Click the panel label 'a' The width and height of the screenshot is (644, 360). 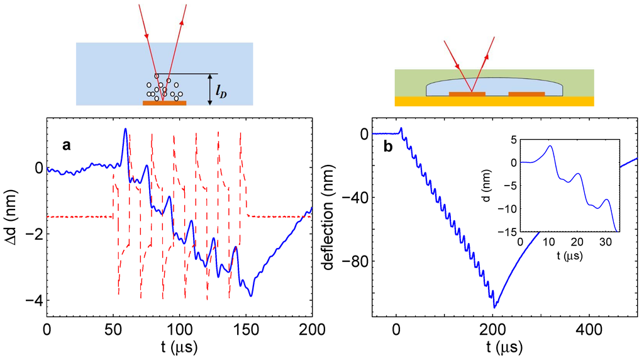(x=66, y=145)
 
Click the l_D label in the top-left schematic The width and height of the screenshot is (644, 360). (x=221, y=92)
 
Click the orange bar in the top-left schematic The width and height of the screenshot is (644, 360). (x=164, y=103)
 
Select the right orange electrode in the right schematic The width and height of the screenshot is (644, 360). (x=526, y=94)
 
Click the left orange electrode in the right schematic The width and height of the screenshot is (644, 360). (x=467, y=94)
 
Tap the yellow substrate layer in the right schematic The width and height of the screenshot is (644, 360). (x=494, y=101)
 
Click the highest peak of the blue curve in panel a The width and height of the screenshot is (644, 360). (x=125, y=129)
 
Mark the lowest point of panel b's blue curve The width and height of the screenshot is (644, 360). (x=495, y=307)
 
